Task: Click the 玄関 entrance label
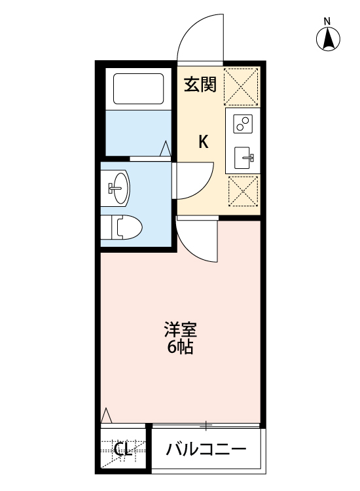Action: (200, 85)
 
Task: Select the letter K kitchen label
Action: (204, 141)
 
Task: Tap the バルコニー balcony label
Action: (206, 450)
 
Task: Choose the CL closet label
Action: (122, 450)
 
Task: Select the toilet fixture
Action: (124, 227)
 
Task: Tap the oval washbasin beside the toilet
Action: (119, 187)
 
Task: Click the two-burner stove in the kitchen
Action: (242, 123)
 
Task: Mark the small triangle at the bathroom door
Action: (166, 149)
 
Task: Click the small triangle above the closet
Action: (107, 416)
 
